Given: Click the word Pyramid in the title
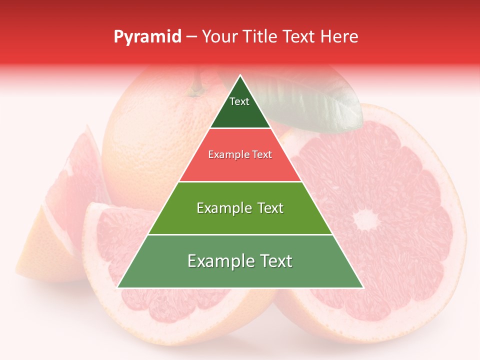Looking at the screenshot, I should coord(147,37).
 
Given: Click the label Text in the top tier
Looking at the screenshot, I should coord(239,101).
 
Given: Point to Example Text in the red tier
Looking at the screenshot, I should coord(240,154).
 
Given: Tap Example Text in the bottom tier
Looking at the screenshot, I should coord(240,261).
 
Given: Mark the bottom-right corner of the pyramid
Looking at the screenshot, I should coord(363,287).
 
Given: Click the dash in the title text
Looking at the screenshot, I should coord(191,37).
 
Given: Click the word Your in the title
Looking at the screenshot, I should coord(218,36).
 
